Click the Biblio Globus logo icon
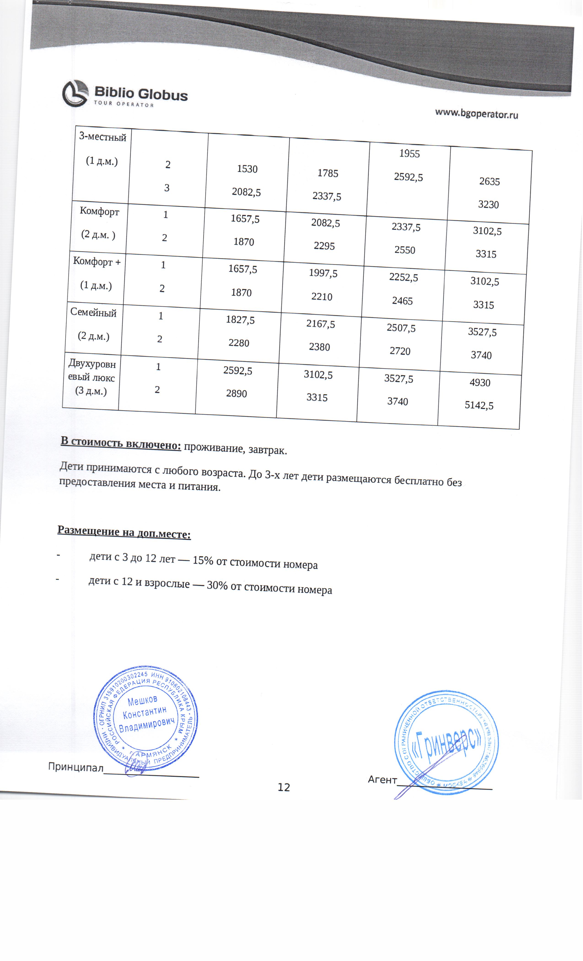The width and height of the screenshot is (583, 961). pyautogui.click(x=75, y=94)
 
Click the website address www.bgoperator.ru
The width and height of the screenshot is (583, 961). pyautogui.click(x=476, y=114)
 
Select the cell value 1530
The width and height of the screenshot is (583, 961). pyautogui.click(x=247, y=169)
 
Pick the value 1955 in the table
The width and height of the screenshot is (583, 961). pyautogui.click(x=409, y=154)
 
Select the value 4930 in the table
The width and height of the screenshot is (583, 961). pyautogui.click(x=480, y=383)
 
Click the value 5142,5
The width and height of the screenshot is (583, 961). pyautogui.click(x=479, y=406)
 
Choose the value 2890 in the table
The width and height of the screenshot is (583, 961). pyautogui.click(x=236, y=393)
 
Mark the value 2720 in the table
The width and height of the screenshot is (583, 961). pyautogui.click(x=400, y=351)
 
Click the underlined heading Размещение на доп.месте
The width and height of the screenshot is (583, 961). pyautogui.click(x=124, y=532)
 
